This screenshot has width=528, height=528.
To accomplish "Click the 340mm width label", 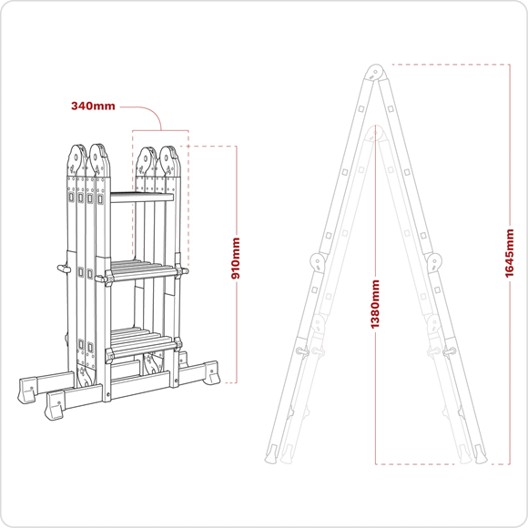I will click(93, 106).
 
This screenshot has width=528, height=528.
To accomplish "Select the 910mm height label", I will click(237, 259).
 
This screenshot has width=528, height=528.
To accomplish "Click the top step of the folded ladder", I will click(141, 196).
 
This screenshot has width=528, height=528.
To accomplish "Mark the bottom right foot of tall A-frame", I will click(475, 455).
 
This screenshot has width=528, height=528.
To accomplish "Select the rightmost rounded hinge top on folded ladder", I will click(168, 158).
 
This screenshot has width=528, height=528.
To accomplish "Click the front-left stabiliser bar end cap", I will click(56, 407).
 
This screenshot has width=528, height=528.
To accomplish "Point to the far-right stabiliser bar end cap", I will click(215, 371).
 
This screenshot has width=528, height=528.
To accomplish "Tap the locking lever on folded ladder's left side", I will click(63, 269).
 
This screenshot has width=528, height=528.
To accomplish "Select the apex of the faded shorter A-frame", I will click(374, 135).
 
